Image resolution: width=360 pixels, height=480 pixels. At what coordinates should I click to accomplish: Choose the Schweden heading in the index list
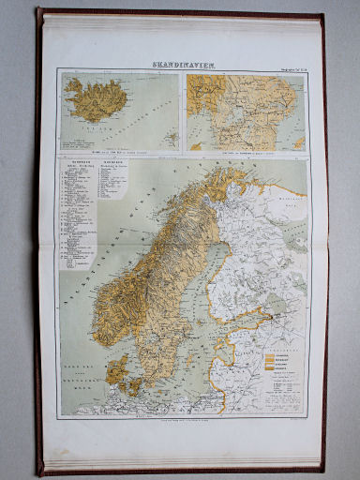110,162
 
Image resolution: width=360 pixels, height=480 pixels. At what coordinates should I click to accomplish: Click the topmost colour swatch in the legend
278,353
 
